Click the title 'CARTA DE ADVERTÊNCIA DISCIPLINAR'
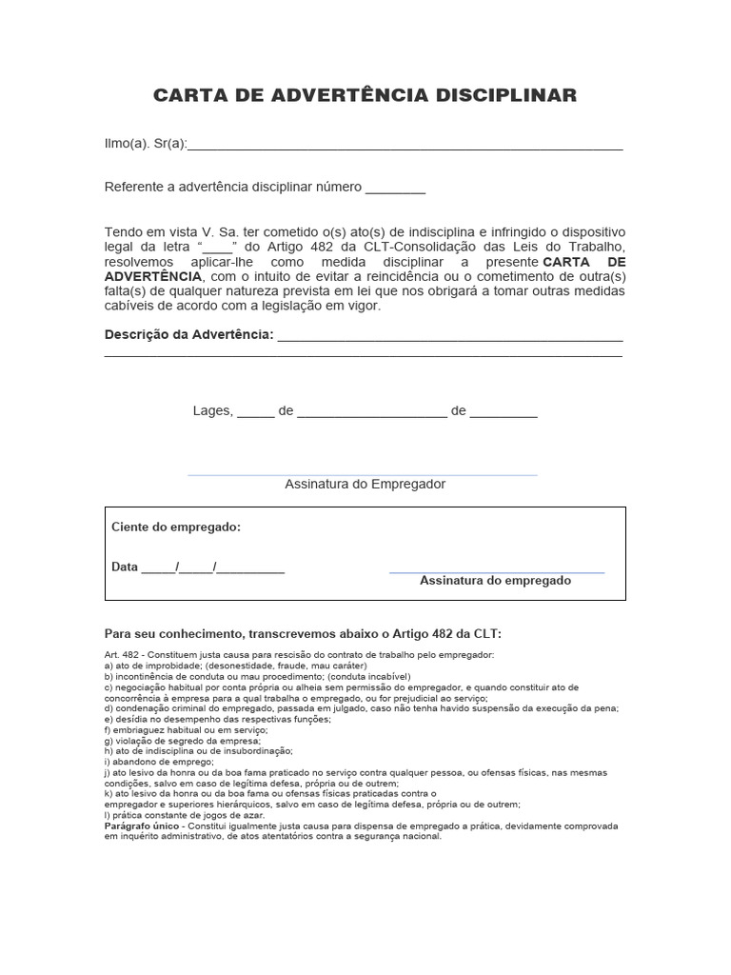365,95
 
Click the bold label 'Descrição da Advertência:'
188,335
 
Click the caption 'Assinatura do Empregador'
365,484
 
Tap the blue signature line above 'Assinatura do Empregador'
363,474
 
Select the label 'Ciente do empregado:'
176,527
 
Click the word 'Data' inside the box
125,567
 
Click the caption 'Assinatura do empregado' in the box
495,580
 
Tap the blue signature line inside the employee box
497,572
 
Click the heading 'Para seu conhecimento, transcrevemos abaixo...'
302,634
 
